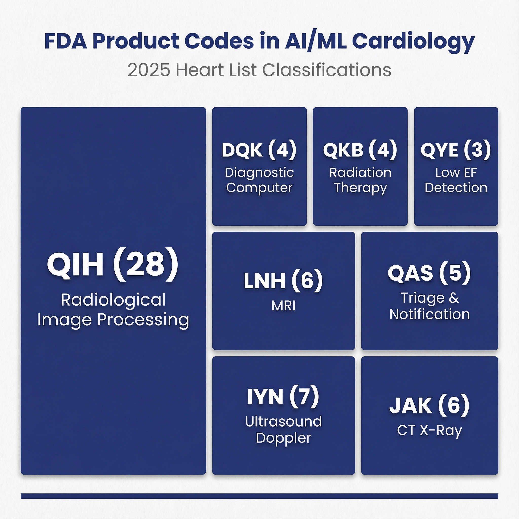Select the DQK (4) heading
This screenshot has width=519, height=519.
259,150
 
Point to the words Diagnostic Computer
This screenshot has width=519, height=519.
259,180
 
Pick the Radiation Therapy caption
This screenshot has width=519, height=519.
360,180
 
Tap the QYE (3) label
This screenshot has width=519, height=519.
456,150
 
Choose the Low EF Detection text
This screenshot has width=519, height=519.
456,180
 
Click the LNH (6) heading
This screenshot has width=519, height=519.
283,281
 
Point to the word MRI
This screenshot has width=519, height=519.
283,306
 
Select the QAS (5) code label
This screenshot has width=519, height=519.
429,273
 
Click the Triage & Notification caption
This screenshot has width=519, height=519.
430,306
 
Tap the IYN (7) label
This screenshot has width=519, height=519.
283,396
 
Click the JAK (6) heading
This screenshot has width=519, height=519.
429,405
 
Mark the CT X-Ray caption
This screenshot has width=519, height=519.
430,430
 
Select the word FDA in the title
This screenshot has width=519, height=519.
66,41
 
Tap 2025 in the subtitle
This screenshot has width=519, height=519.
149,70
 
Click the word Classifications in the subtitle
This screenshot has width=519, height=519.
327,70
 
